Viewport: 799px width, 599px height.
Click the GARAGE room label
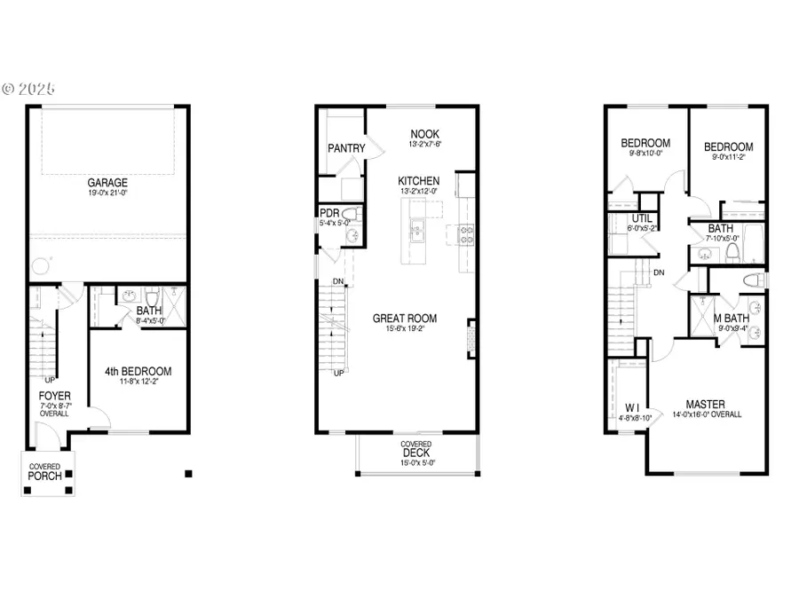pos(107,183)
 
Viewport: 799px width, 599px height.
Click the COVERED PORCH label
pos(44,471)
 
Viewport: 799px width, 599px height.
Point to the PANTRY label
pos(346,148)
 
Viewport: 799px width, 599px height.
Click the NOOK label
pos(424,133)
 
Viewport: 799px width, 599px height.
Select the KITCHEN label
pos(418,181)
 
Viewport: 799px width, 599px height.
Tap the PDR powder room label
pos(329,213)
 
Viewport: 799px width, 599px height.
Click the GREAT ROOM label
pos(404,319)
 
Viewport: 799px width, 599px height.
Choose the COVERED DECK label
pos(415,450)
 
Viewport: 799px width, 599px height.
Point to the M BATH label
pos(732,317)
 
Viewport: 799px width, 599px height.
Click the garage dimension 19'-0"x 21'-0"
pos(107,193)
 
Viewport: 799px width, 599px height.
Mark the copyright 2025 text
pos(28,89)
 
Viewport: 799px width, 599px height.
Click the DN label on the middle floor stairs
pos(338,282)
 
